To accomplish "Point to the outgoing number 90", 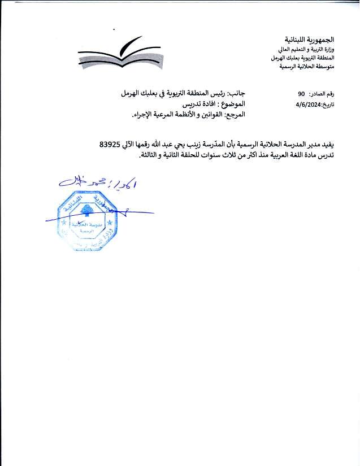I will (301, 94).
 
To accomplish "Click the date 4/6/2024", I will (307, 104).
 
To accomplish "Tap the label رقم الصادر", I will (336, 94).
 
